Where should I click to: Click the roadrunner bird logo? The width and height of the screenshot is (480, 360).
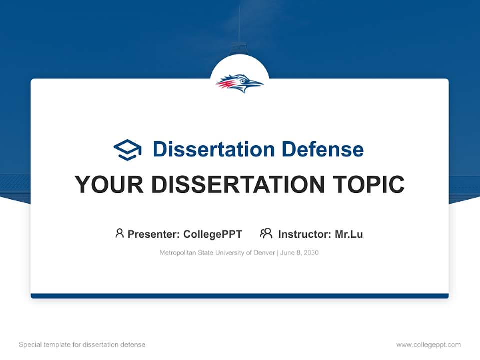pos(240,83)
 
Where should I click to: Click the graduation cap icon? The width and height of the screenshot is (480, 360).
pos(127,149)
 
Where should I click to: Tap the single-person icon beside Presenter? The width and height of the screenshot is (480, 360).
pos(119,233)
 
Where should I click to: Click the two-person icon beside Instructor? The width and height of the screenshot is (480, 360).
pos(266,233)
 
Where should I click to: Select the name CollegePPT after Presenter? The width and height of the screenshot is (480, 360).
pos(212,234)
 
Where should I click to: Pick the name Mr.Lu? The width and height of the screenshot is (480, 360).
pos(349,234)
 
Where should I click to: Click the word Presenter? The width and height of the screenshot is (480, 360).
pos(154,234)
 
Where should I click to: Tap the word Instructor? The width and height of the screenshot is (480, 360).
pos(304,234)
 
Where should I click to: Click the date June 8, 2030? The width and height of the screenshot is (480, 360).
pos(299,253)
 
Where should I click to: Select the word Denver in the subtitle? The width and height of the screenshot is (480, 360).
pos(263,253)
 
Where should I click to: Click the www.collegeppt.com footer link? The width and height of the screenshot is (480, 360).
pos(428,345)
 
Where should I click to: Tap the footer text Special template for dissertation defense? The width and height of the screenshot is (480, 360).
pos(82,345)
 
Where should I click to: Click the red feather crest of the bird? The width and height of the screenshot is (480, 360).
pos(225,84)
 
